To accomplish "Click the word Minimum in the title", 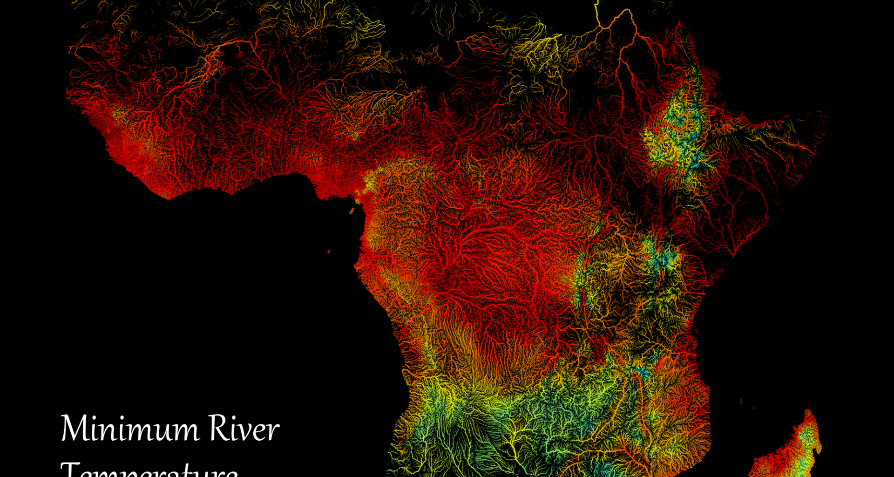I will pos(130,429).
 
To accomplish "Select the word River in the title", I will pos(244,429).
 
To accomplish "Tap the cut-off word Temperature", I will pos(149,470).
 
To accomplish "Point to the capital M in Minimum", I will pos(74,429).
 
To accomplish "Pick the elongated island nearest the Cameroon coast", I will pos(352,211).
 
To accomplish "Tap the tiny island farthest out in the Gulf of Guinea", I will pos(329,252).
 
